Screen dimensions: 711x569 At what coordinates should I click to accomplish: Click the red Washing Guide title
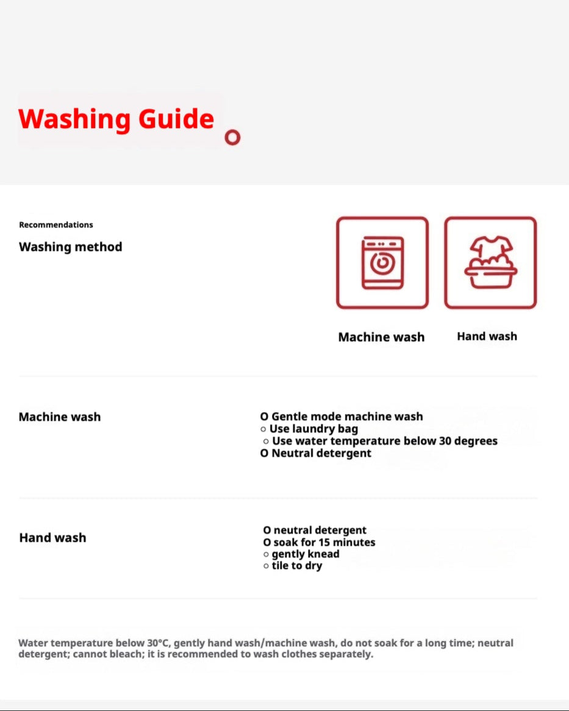[116, 119]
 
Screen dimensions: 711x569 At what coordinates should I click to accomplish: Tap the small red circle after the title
[232, 137]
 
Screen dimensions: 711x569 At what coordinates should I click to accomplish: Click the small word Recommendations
[56, 224]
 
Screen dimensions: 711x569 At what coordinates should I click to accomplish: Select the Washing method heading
[71, 247]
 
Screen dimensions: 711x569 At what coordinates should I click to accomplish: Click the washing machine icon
[382, 263]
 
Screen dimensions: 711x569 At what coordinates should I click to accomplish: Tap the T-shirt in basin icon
[490, 263]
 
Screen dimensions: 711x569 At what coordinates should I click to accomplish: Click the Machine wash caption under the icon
[381, 337]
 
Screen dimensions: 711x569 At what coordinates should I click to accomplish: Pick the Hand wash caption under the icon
[487, 336]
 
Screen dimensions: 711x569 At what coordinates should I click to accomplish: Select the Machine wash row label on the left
[60, 417]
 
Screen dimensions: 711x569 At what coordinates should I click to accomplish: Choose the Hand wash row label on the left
[52, 538]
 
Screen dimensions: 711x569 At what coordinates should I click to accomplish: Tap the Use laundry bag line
[313, 429]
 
